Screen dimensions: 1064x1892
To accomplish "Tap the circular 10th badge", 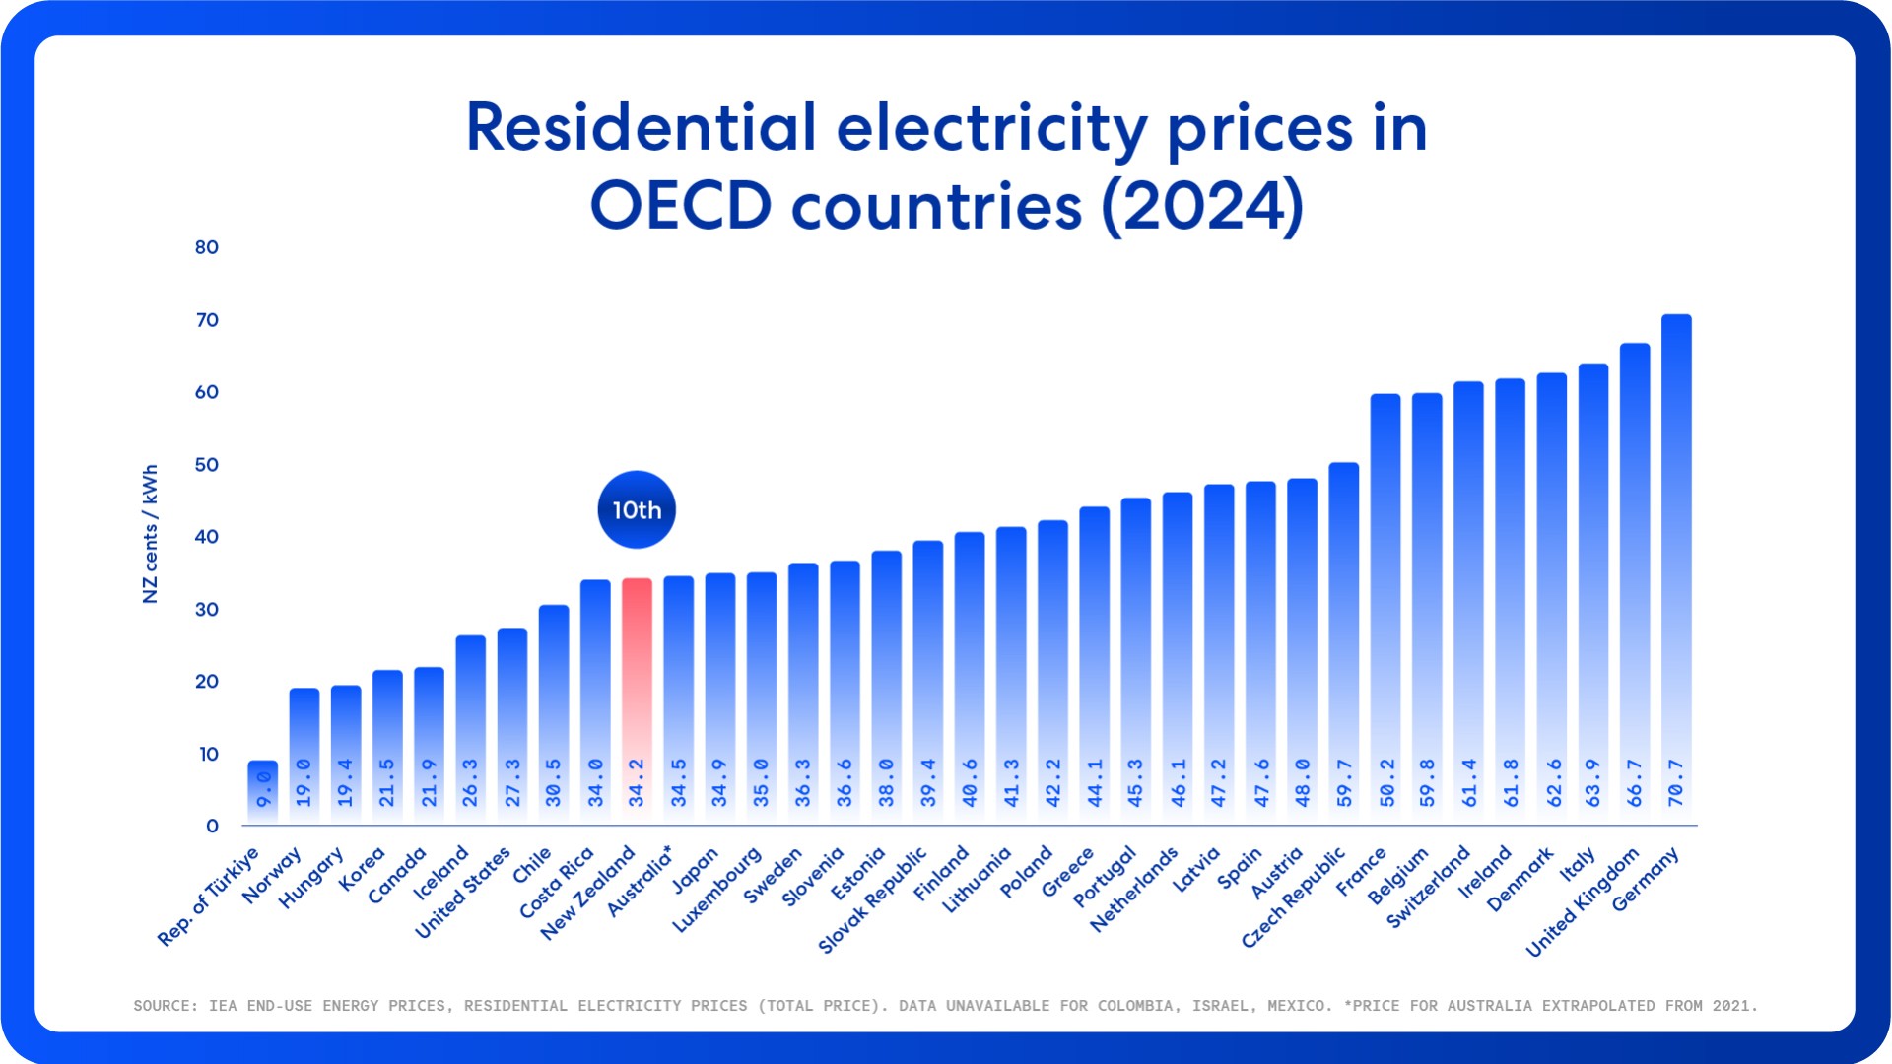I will (x=637, y=509).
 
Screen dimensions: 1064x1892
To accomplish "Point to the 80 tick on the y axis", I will (x=207, y=247).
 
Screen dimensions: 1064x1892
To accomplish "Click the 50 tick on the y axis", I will (x=207, y=464).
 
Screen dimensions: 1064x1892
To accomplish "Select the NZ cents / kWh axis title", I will (x=150, y=534).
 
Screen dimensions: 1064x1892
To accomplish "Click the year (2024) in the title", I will (x=1202, y=206).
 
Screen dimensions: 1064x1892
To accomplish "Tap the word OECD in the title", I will (x=680, y=206).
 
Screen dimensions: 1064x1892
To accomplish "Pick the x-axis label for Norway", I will (x=271, y=875).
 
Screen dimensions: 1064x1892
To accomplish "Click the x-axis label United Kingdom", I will (x=1583, y=901).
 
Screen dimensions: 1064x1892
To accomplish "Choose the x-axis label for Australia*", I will (x=640, y=880).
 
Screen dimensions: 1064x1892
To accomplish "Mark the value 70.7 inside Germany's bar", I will (x=1676, y=783).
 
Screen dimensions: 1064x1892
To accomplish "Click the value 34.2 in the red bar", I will (x=637, y=783).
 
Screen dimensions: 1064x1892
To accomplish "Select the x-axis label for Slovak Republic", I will (x=873, y=900).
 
